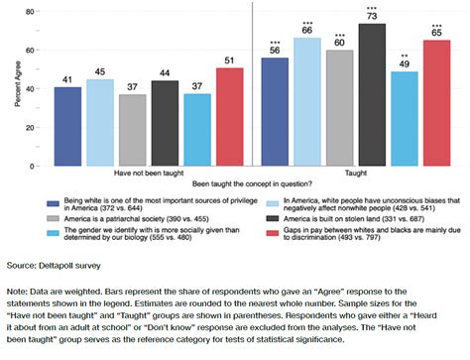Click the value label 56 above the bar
(x=275, y=50)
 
